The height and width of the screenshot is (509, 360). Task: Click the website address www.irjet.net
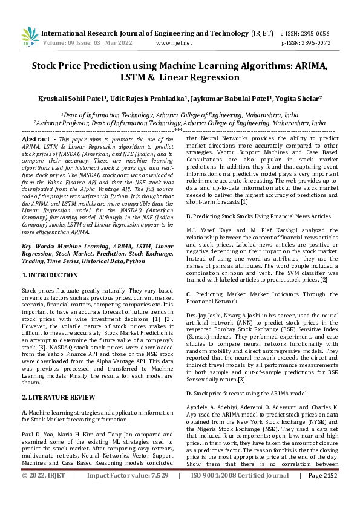coord(174,43)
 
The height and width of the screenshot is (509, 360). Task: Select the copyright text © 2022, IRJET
coord(45,493)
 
